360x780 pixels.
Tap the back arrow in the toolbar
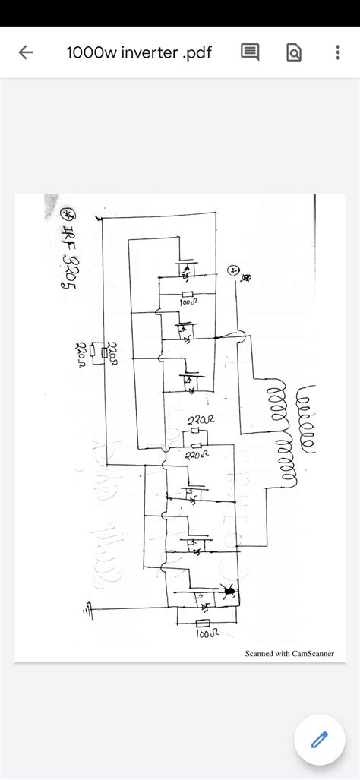tap(26, 52)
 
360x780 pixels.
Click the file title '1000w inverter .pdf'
tap(139, 52)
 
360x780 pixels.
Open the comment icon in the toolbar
tap(250, 52)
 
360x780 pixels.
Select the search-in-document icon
tap(294, 52)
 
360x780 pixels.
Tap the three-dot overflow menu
tap(337, 52)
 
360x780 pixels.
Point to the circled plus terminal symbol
tap(234, 270)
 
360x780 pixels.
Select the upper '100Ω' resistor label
tap(188, 303)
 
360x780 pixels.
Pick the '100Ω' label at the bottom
tap(206, 633)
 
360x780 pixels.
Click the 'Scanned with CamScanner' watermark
tap(289, 653)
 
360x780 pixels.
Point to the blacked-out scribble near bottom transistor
tap(227, 589)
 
